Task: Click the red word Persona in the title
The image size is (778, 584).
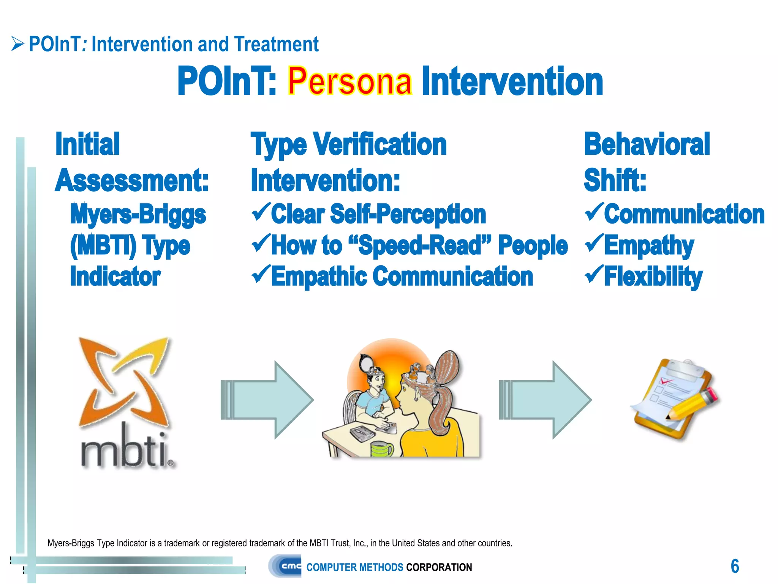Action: tap(349, 81)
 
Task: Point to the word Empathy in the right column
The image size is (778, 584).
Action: tap(649, 246)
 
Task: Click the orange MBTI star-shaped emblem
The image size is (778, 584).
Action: tap(124, 380)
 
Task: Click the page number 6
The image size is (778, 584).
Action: tap(735, 566)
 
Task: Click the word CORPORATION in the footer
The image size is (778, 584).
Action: tap(439, 567)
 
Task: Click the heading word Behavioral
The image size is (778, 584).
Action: tap(647, 144)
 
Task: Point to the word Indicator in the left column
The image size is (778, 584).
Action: tap(115, 276)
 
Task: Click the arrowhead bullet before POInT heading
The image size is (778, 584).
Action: tap(17, 44)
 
